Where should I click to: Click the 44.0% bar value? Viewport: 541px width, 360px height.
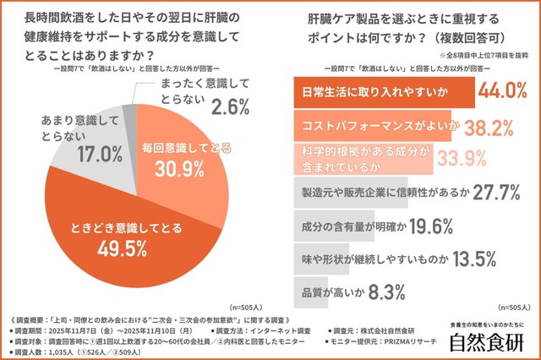click(x=504, y=90)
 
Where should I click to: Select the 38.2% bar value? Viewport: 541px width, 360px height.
click(x=490, y=126)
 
